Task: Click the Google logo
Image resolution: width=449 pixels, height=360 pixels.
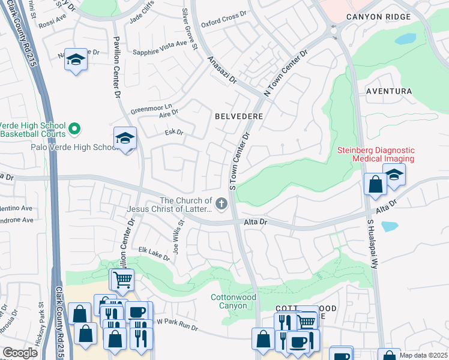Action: click(x=20, y=353)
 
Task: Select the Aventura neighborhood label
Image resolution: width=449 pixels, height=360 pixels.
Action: click(x=390, y=91)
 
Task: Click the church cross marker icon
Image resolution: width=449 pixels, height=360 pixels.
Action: click(x=221, y=205)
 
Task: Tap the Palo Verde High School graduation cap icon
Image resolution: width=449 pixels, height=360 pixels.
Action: click(x=125, y=139)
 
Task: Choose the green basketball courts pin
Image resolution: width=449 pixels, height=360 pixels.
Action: click(x=74, y=128)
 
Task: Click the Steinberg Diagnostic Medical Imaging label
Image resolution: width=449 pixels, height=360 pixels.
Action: click(x=375, y=154)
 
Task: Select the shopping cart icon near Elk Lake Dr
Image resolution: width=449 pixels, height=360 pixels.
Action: click(x=122, y=279)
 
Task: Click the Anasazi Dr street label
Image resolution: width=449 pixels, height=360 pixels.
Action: click(x=222, y=70)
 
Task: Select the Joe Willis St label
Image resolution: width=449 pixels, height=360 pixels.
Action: click(x=178, y=230)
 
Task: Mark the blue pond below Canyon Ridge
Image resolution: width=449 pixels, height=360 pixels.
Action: click(x=405, y=39)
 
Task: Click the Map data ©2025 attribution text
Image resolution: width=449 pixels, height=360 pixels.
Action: click(x=423, y=355)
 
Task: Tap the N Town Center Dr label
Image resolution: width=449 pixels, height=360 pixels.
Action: click(x=285, y=72)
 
